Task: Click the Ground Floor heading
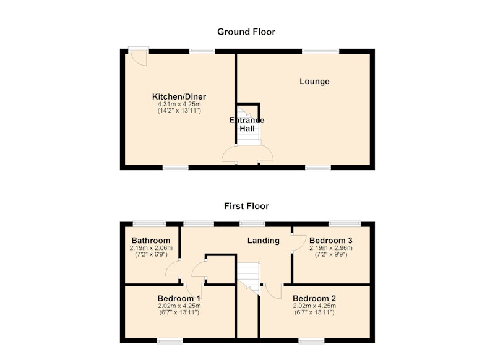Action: click(x=246, y=32)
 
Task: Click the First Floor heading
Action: click(x=246, y=206)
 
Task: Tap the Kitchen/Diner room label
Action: click(x=179, y=97)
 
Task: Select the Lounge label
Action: click(x=314, y=82)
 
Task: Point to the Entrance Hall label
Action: click(x=247, y=124)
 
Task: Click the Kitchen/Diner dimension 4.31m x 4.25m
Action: click(x=179, y=104)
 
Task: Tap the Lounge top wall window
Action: click(x=321, y=51)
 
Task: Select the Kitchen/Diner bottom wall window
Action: click(x=176, y=168)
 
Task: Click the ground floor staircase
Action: click(x=249, y=126)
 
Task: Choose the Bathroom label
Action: click(x=151, y=241)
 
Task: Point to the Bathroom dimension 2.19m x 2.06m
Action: click(x=151, y=248)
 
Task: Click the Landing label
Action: click(x=264, y=241)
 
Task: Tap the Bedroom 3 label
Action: click(x=331, y=241)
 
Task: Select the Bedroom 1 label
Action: click(x=179, y=299)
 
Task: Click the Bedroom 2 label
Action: click(x=314, y=299)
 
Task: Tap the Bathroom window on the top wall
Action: click(x=149, y=224)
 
